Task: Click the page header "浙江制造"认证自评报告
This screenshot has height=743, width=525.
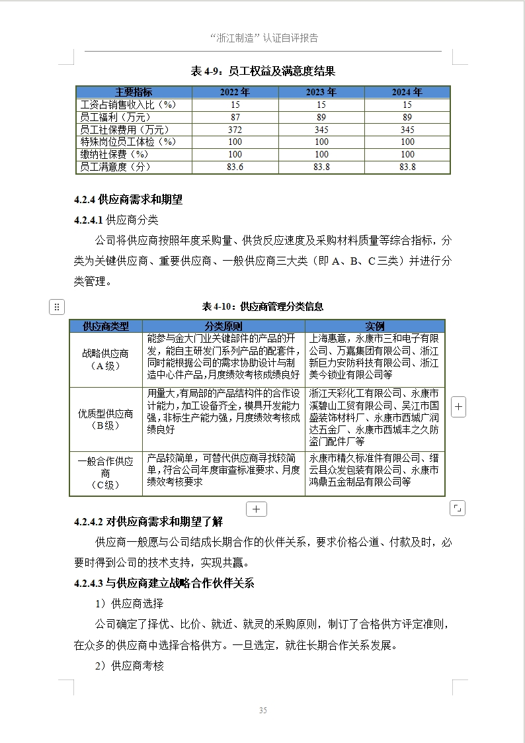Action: [263, 38]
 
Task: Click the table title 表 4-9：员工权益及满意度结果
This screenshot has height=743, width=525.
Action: [262, 71]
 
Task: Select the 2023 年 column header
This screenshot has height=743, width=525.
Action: [321, 92]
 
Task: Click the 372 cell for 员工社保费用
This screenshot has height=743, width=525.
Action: [235, 130]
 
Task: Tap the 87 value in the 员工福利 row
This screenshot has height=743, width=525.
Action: [235, 117]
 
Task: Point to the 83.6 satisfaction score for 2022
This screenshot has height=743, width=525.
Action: [235, 167]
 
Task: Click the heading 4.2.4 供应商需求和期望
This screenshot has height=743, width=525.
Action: [128, 199]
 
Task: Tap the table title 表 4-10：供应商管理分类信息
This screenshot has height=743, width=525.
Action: [262, 306]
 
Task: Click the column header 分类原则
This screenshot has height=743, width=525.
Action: [223, 326]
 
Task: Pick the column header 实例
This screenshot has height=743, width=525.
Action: [374, 326]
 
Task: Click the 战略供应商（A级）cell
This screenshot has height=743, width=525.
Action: [106, 360]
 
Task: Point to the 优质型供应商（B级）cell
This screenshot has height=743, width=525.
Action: [106, 419]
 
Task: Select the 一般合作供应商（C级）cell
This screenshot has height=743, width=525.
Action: [106, 473]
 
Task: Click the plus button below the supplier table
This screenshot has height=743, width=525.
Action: [256, 509]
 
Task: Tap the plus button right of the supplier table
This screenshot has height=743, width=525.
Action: [458, 408]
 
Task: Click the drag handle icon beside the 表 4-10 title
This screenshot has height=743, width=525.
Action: [57, 306]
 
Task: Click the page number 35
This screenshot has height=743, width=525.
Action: [262, 711]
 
